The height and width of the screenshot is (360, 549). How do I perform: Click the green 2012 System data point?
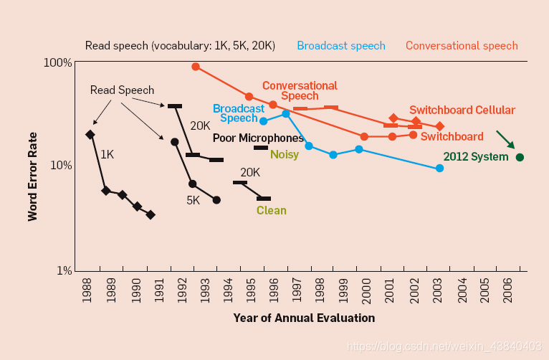(520, 157)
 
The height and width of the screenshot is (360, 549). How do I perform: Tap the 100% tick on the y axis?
(57, 62)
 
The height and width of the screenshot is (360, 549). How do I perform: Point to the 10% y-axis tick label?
(59, 166)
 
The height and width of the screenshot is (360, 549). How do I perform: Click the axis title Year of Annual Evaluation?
(304, 318)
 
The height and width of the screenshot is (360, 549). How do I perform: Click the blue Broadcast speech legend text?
(341, 45)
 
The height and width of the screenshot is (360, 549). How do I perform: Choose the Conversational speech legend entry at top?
(462, 45)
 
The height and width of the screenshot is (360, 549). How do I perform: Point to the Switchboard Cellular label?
(462, 110)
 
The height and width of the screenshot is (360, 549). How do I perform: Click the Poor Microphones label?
(258, 138)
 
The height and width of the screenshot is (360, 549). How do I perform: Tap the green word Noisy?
(285, 154)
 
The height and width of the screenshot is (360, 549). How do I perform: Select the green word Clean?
(272, 210)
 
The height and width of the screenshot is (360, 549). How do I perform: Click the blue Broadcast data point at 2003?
(439, 168)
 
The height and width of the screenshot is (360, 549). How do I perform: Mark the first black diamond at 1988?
(90, 134)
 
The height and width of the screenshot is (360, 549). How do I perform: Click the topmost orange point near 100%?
(196, 67)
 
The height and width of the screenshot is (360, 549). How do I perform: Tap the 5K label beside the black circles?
(193, 200)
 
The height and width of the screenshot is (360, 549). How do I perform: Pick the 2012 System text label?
(476, 157)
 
